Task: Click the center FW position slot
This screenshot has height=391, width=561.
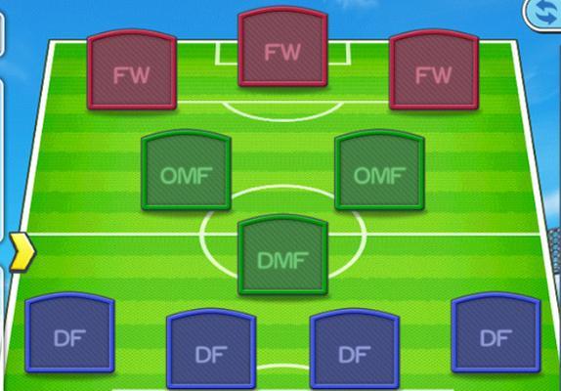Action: pyautogui.click(x=282, y=47)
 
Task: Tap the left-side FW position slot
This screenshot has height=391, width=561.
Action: pyautogui.click(x=132, y=69)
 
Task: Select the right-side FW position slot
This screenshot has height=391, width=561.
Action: pyautogui.click(x=434, y=69)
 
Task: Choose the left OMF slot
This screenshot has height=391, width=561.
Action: pyautogui.click(x=186, y=170)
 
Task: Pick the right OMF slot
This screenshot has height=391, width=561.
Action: pyautogui.click(x=379, y=170)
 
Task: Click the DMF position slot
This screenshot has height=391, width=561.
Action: pyautogui.click(x=282, y=255)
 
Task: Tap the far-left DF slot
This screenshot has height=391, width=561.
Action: pyautogui.click(x=69, y=332)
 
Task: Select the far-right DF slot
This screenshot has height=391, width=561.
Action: pyautogui.click(x=496, y=332)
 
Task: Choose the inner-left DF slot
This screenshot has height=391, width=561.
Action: pyautogui.click(x=211, y=349)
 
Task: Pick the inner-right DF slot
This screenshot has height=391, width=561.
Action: pyautogui.click(x=355, y=349)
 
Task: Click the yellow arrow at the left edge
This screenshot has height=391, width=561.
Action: pyautogui.click(x=22, y=251)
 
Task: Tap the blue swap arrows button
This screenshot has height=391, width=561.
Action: pyautogui.click(x=545, y=14)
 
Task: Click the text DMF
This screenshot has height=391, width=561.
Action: pyautogui.click(x=282, y=260)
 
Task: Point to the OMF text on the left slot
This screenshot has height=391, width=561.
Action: pyautogui.click(x=186, y=176)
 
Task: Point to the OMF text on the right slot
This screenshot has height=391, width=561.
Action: pyautogui.click(x=379, y=176)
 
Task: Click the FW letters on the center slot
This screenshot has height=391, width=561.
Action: pyautogui.click(x=282, y=53)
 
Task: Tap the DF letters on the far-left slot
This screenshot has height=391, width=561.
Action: pyautogui.click(x=69, y=338)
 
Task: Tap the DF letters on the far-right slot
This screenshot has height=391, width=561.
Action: pyautogui.click(x=496, y=338)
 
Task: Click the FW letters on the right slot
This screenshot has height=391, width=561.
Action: pyautogui.click(x=434, y=75)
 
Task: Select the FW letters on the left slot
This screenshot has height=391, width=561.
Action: pyautogui.click(x=132, y=75)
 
